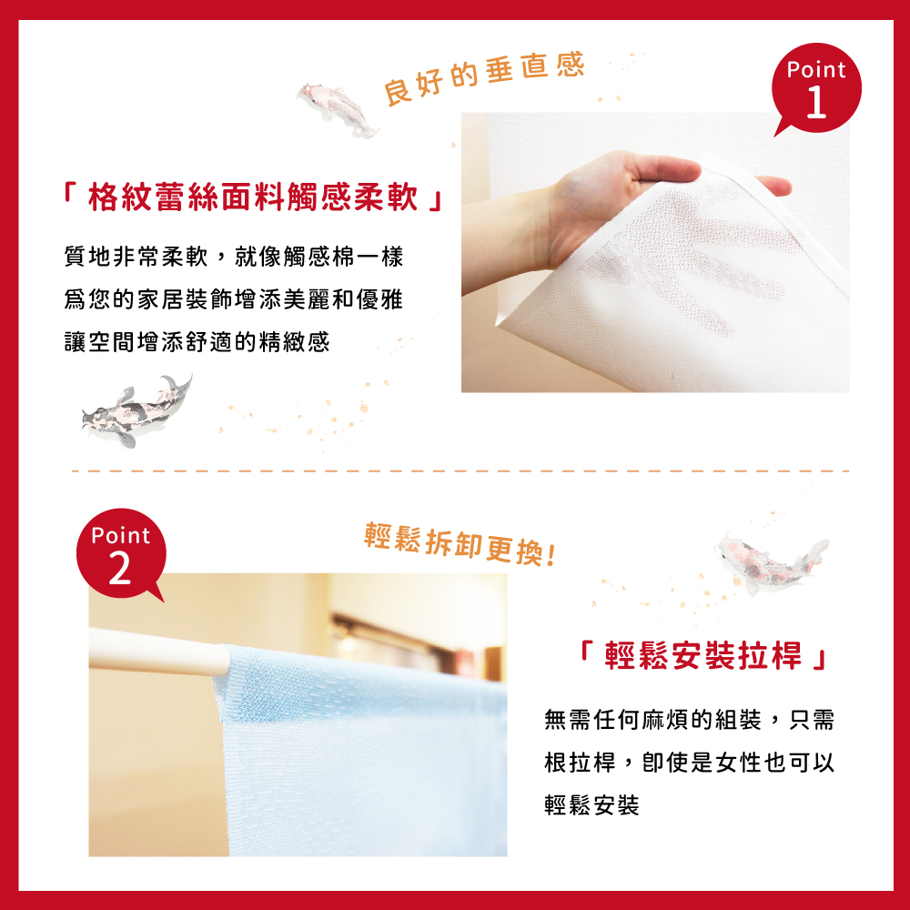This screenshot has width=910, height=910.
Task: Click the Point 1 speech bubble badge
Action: click(x=816, y=88)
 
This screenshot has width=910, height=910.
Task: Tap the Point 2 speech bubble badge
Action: click(x=121, y=553)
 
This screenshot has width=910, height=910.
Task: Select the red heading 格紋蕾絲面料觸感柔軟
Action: click(x=253, y=197)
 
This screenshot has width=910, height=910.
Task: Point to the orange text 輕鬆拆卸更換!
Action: click(x=460, y=544)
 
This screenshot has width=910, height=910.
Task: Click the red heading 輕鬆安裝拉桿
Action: click(x=703, y=656)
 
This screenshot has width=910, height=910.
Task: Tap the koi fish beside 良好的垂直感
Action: click(x=338, y=107)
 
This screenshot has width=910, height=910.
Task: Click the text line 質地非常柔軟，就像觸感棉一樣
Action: click(x=233, y=257)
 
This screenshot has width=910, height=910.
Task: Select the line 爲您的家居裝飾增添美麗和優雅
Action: click(x=233, y=299)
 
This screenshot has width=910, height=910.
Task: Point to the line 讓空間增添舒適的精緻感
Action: click(x=197, y=342)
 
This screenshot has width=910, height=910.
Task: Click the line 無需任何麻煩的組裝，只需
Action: click(x=689, y=720)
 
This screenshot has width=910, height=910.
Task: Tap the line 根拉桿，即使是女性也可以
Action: click(x=689, y=763)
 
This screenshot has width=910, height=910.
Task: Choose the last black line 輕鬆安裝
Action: click(x=591, y=805)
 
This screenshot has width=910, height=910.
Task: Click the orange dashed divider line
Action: click(x=460, y=471)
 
